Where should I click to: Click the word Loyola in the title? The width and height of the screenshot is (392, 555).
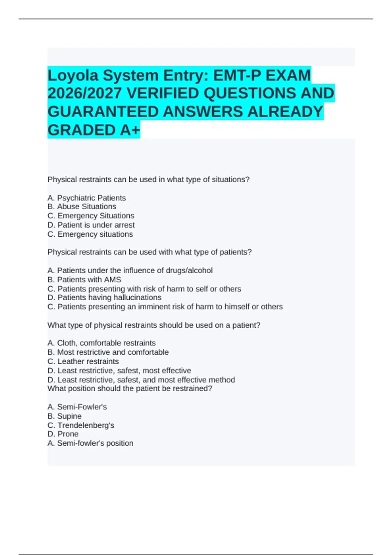(73, 75)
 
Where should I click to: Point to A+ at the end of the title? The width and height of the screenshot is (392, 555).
(130, 130)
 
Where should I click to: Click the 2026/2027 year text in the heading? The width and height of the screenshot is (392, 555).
(85, 94)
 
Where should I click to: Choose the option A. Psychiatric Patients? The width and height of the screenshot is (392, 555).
(87, 198)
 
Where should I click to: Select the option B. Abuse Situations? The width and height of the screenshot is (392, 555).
(82, 207)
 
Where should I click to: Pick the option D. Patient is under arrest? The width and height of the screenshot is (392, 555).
(91, 225)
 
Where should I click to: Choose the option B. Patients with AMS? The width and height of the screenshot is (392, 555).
(84, 279)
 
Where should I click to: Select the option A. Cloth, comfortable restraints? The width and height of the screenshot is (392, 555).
(101, 343)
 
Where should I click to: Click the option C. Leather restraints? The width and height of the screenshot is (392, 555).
(83, 361)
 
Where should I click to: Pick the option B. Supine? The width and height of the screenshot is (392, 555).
(64, 416)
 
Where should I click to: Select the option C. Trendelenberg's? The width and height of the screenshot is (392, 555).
(81, 425)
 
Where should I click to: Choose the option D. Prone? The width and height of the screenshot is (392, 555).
(63, 434)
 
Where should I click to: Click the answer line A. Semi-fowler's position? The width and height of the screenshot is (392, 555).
(90, 443)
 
